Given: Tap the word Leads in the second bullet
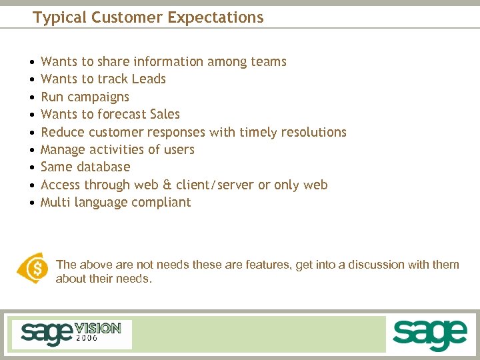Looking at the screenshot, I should tap(149, 79).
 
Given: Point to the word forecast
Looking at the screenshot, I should tap(122, 115).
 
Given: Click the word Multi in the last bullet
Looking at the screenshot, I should tap(56, 203).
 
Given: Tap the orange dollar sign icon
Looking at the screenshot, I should tap(32, 268).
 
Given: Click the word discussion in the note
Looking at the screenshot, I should tap(373, 265).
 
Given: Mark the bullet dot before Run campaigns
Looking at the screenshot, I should tap(32, 97).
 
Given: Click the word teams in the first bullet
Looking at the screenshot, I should tap(269, 62).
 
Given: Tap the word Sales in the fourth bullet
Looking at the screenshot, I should tap(165, 115).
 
